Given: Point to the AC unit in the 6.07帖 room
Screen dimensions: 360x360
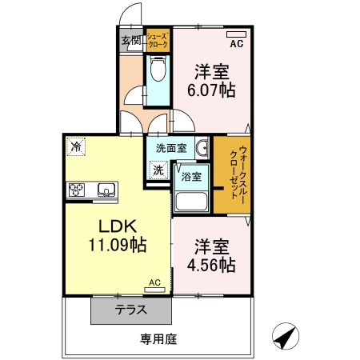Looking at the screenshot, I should coord(238,35).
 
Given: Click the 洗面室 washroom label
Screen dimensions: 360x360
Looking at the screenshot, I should coord(170,148).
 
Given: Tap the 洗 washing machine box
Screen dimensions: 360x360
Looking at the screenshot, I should coord(158,170).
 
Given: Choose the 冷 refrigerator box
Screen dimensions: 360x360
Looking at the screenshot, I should coord(76,146).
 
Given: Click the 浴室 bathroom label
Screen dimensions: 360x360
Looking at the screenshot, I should coord(190,176).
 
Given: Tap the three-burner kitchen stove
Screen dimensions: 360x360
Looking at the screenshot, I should coord(78,190).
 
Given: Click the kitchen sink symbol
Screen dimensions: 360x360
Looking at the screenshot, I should coord(105,190).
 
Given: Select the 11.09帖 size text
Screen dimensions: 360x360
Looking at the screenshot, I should coord(117,246).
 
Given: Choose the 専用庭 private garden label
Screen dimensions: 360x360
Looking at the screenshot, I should coord(158,339).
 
